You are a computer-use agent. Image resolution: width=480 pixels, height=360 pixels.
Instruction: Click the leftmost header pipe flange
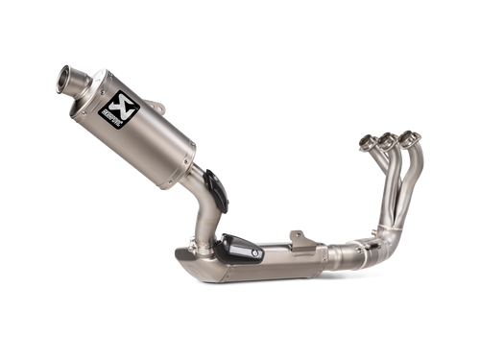point(367,145)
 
